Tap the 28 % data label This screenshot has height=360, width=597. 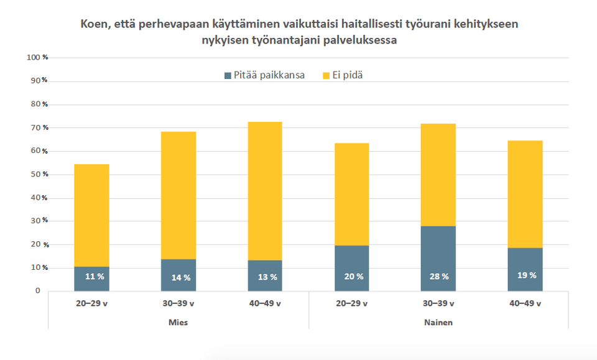click(x=438, y=277)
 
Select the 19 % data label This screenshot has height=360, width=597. click(x=525, y=275)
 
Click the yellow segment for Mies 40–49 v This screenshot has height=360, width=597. click(x=265, y=191)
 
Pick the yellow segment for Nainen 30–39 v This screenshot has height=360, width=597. click(x=438, y=175)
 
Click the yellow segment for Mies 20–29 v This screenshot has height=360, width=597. click(x=91, y=215)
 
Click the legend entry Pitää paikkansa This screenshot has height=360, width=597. click(x=264, y=75)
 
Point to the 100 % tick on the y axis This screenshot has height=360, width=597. click(x=38, y=58)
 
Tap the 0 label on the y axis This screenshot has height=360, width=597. click(x=37, y=291)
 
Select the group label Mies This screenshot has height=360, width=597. click(x=178, y=323)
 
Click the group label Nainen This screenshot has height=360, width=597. click(x=438, y=323)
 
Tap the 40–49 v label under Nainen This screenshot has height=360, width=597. click(x=525, y=304)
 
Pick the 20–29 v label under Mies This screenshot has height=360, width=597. click(x=91, y=304)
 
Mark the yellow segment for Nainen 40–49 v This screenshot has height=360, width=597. click(x=525, y=194)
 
